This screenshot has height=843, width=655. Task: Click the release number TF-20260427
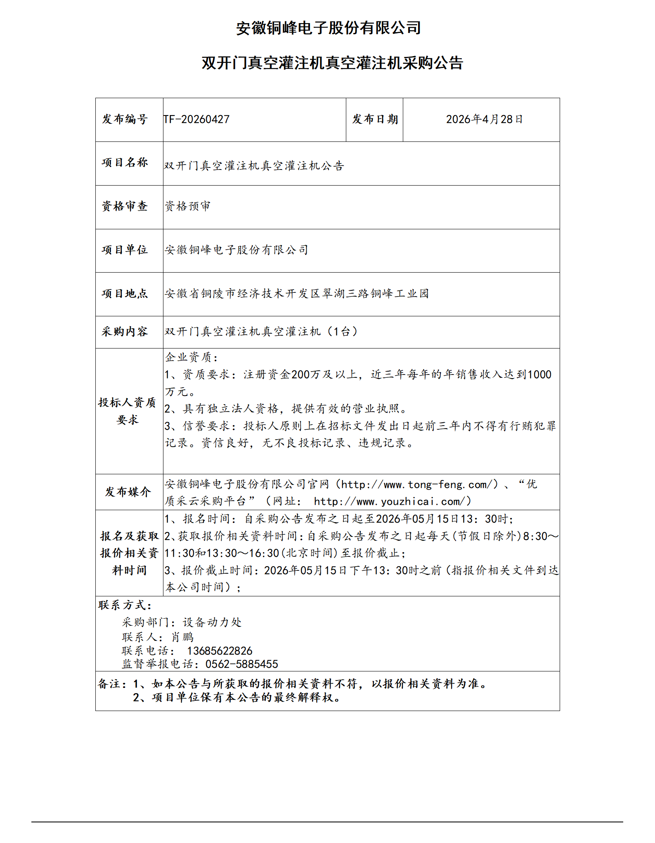(196, 120)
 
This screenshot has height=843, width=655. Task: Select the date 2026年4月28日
(484, 120)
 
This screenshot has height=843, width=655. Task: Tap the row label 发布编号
(125, 120)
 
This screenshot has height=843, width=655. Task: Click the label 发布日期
(375, 120)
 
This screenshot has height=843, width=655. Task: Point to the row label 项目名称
(125, 163)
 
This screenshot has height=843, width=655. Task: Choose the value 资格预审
(188, 206)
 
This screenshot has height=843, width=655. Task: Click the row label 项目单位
(125, 250)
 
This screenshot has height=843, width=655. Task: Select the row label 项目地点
(125, 294)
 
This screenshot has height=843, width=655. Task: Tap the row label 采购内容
(125, 332)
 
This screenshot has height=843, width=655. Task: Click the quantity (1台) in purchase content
(342, 332)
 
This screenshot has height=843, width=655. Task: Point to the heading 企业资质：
(192, 357)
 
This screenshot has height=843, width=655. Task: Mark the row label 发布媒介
(128, 492)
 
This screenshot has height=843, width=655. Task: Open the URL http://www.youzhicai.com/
(392, 502)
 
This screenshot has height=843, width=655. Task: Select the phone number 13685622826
(220, 651)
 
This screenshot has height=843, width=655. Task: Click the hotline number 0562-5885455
(242, 664)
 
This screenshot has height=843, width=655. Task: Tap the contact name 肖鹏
(182, 637)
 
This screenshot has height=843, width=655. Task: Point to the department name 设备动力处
(212, 622)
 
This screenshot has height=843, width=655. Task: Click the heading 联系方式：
(125, 605)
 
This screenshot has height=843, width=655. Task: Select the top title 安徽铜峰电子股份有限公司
(328, 28)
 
